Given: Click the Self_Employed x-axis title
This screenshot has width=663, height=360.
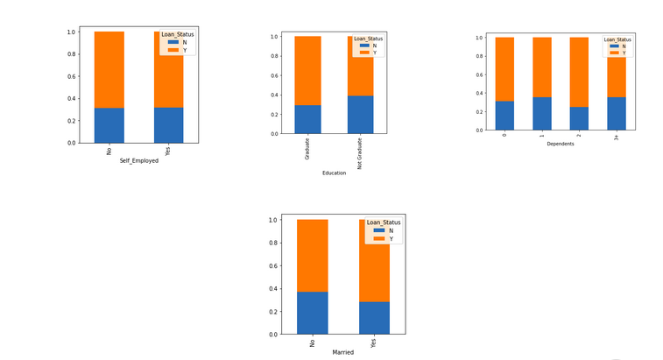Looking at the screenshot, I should point(139,161).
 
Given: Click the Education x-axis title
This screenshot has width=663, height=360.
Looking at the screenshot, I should point(334,173).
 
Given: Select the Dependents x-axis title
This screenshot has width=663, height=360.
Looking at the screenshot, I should point(561,144).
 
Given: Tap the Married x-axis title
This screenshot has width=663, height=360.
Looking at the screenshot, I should point(343,352).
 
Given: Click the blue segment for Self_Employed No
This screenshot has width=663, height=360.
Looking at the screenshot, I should point(109,125).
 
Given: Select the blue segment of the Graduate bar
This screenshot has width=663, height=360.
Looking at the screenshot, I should point(307,119).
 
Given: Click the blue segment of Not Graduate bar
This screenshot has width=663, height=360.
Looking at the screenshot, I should point(360,115).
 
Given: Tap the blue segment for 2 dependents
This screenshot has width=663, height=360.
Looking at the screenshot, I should point(579,118).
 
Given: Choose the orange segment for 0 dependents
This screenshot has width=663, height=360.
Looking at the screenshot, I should point(504,69).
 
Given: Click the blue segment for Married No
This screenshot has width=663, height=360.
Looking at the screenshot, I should point(313,313).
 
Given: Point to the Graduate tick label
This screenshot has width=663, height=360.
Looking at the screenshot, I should point(307,148).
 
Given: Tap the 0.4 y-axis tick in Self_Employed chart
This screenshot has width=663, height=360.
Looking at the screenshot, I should point(71,98).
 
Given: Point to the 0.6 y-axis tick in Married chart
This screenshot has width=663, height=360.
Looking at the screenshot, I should point(273,265).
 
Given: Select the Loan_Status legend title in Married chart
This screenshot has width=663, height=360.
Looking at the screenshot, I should point(384,222).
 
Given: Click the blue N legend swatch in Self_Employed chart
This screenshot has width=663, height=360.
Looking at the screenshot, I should point(173,42).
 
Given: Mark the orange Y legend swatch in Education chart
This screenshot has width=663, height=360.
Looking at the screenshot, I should point(364,53).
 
